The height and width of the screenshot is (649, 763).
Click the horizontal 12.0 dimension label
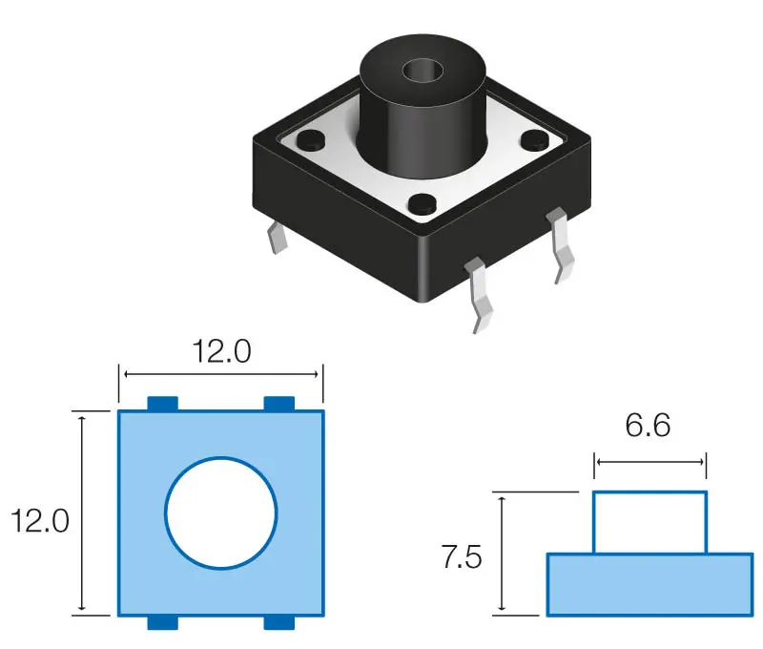[222, 351]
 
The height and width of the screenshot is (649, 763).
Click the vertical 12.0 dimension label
[40, 520]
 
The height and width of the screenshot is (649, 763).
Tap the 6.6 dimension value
[648, 425]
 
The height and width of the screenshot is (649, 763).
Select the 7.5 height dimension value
[462, 556]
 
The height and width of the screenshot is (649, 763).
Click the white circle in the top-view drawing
[221, 513]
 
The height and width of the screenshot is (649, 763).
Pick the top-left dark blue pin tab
[163, 404]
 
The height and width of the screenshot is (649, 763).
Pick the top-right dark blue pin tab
[279, 404]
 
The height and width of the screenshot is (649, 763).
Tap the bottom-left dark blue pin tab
[163, 622]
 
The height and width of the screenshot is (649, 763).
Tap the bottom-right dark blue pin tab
[279, 622]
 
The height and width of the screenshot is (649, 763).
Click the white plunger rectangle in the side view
[650, 522]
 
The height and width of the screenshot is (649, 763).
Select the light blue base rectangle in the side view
[650, 585]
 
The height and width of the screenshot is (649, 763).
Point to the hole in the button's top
[423, 71]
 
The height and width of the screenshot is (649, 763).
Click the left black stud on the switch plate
[312, 139]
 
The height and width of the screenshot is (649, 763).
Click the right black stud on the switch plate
[535, 139]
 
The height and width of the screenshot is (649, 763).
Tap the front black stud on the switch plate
[423, 204]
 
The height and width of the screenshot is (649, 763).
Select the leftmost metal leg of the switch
[277, 238]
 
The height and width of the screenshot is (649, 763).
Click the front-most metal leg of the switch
[479, 295]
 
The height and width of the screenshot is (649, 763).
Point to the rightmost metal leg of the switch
[561, 245]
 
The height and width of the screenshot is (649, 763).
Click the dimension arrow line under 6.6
[650, 462]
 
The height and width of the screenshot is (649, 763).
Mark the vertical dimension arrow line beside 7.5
[503, 554]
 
